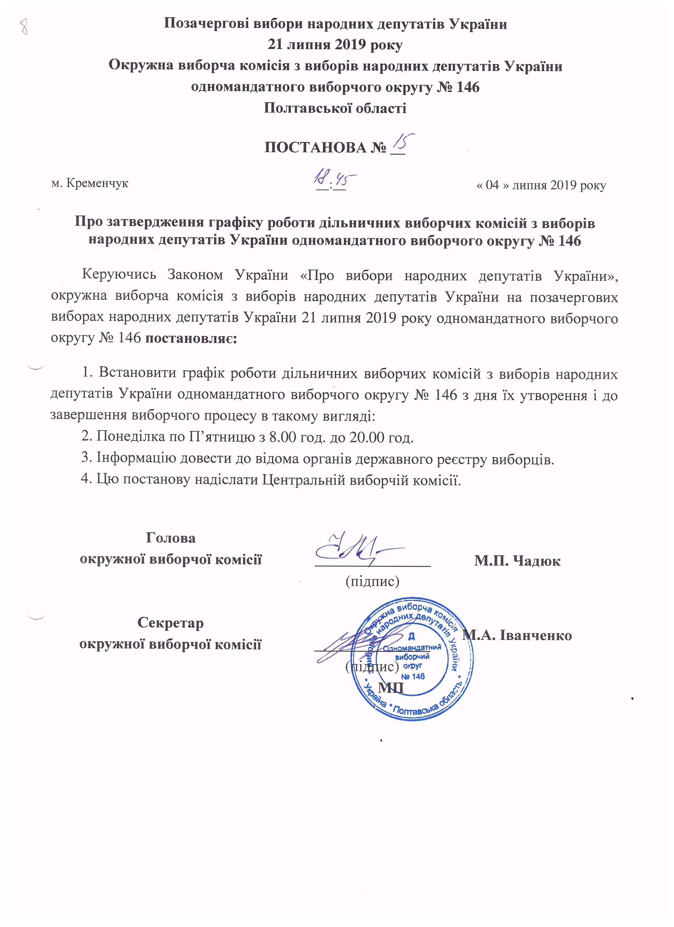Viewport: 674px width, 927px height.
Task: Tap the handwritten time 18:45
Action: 334,179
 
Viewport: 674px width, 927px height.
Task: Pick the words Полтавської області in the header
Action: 335,108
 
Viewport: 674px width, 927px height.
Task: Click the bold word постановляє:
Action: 191,338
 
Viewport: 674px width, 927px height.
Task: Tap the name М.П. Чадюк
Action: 517,561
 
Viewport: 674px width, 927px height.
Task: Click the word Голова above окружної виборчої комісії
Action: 171,538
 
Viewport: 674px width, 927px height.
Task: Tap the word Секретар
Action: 170,623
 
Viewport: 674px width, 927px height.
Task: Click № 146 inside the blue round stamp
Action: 413,676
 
